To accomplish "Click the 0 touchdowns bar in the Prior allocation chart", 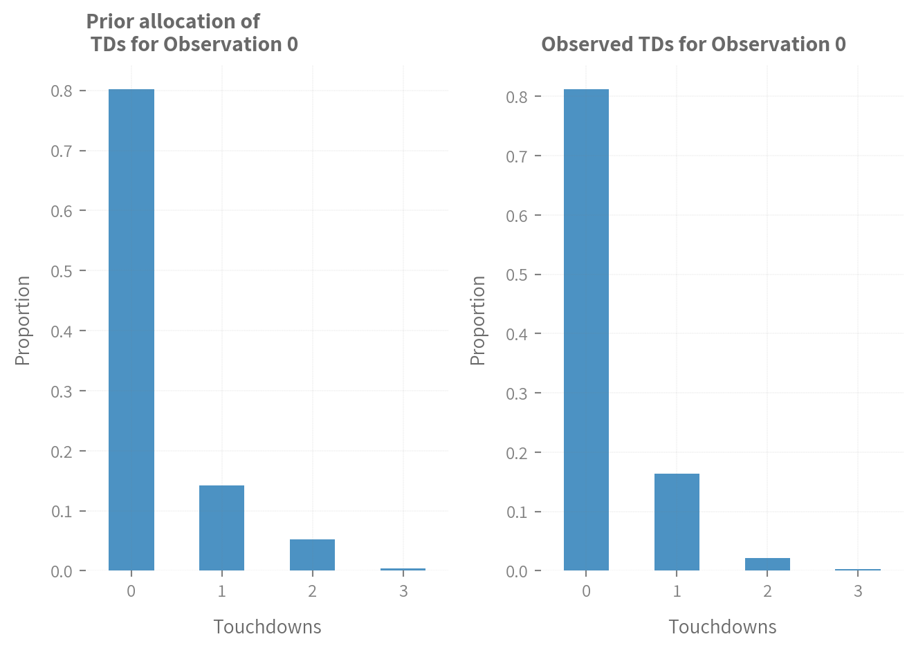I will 131,330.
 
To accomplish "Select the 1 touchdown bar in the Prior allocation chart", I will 221,528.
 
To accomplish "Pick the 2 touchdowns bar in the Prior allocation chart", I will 312,555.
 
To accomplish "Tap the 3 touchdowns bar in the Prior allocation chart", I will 403,569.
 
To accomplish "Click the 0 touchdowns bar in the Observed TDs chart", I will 586,330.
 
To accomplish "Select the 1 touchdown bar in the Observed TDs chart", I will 677,522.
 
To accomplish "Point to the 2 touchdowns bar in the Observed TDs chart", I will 767,564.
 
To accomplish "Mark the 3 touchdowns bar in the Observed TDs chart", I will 858,570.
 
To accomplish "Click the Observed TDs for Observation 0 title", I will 693,44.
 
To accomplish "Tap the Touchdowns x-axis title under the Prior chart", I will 267,627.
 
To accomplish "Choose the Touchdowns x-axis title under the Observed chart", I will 722,627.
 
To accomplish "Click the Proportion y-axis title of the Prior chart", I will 23,320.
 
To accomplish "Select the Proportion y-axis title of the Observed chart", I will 478,320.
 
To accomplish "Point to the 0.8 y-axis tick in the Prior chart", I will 62,91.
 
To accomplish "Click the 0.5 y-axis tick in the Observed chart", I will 517,275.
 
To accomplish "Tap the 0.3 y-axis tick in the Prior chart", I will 62,391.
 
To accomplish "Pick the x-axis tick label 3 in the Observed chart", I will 858,592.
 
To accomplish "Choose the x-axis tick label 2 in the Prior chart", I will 312,592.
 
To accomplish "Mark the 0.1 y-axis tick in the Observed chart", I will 517,512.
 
